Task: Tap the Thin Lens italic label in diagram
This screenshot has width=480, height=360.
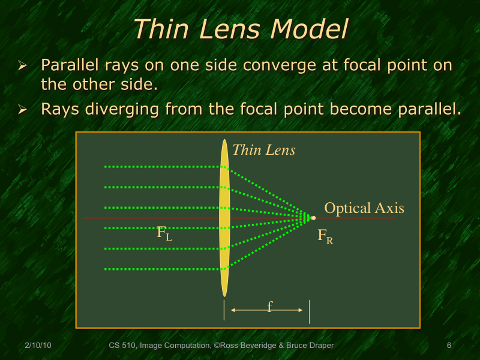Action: tap(263, 150)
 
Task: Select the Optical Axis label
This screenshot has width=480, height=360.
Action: tap(364, 208)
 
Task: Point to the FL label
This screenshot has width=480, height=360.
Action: tap(164, 233)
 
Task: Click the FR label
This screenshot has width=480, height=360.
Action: tap(325, 236)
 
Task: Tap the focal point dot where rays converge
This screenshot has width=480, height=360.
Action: tap(313, 218)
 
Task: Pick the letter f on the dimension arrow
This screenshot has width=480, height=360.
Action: tap(269, 307)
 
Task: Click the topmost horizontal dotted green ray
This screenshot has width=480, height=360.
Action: tap(162, 166)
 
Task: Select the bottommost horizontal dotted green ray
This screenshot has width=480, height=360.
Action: tap(162, 269)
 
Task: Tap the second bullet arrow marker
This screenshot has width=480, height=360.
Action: tap(23, 110)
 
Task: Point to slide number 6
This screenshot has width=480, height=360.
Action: tap(449, 346)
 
